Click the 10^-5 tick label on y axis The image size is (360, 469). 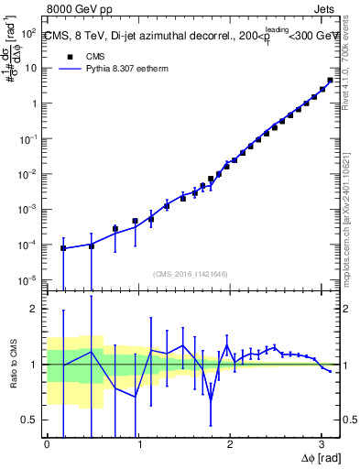[28, 279]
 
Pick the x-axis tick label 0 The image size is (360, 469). [47, 443]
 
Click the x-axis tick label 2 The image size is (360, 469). [229, 443]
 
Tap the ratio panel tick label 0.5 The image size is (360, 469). [30, 420]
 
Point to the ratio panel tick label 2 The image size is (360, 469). [35, 309]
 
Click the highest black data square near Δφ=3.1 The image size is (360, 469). [330, 81]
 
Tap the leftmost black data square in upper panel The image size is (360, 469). [63, 248]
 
